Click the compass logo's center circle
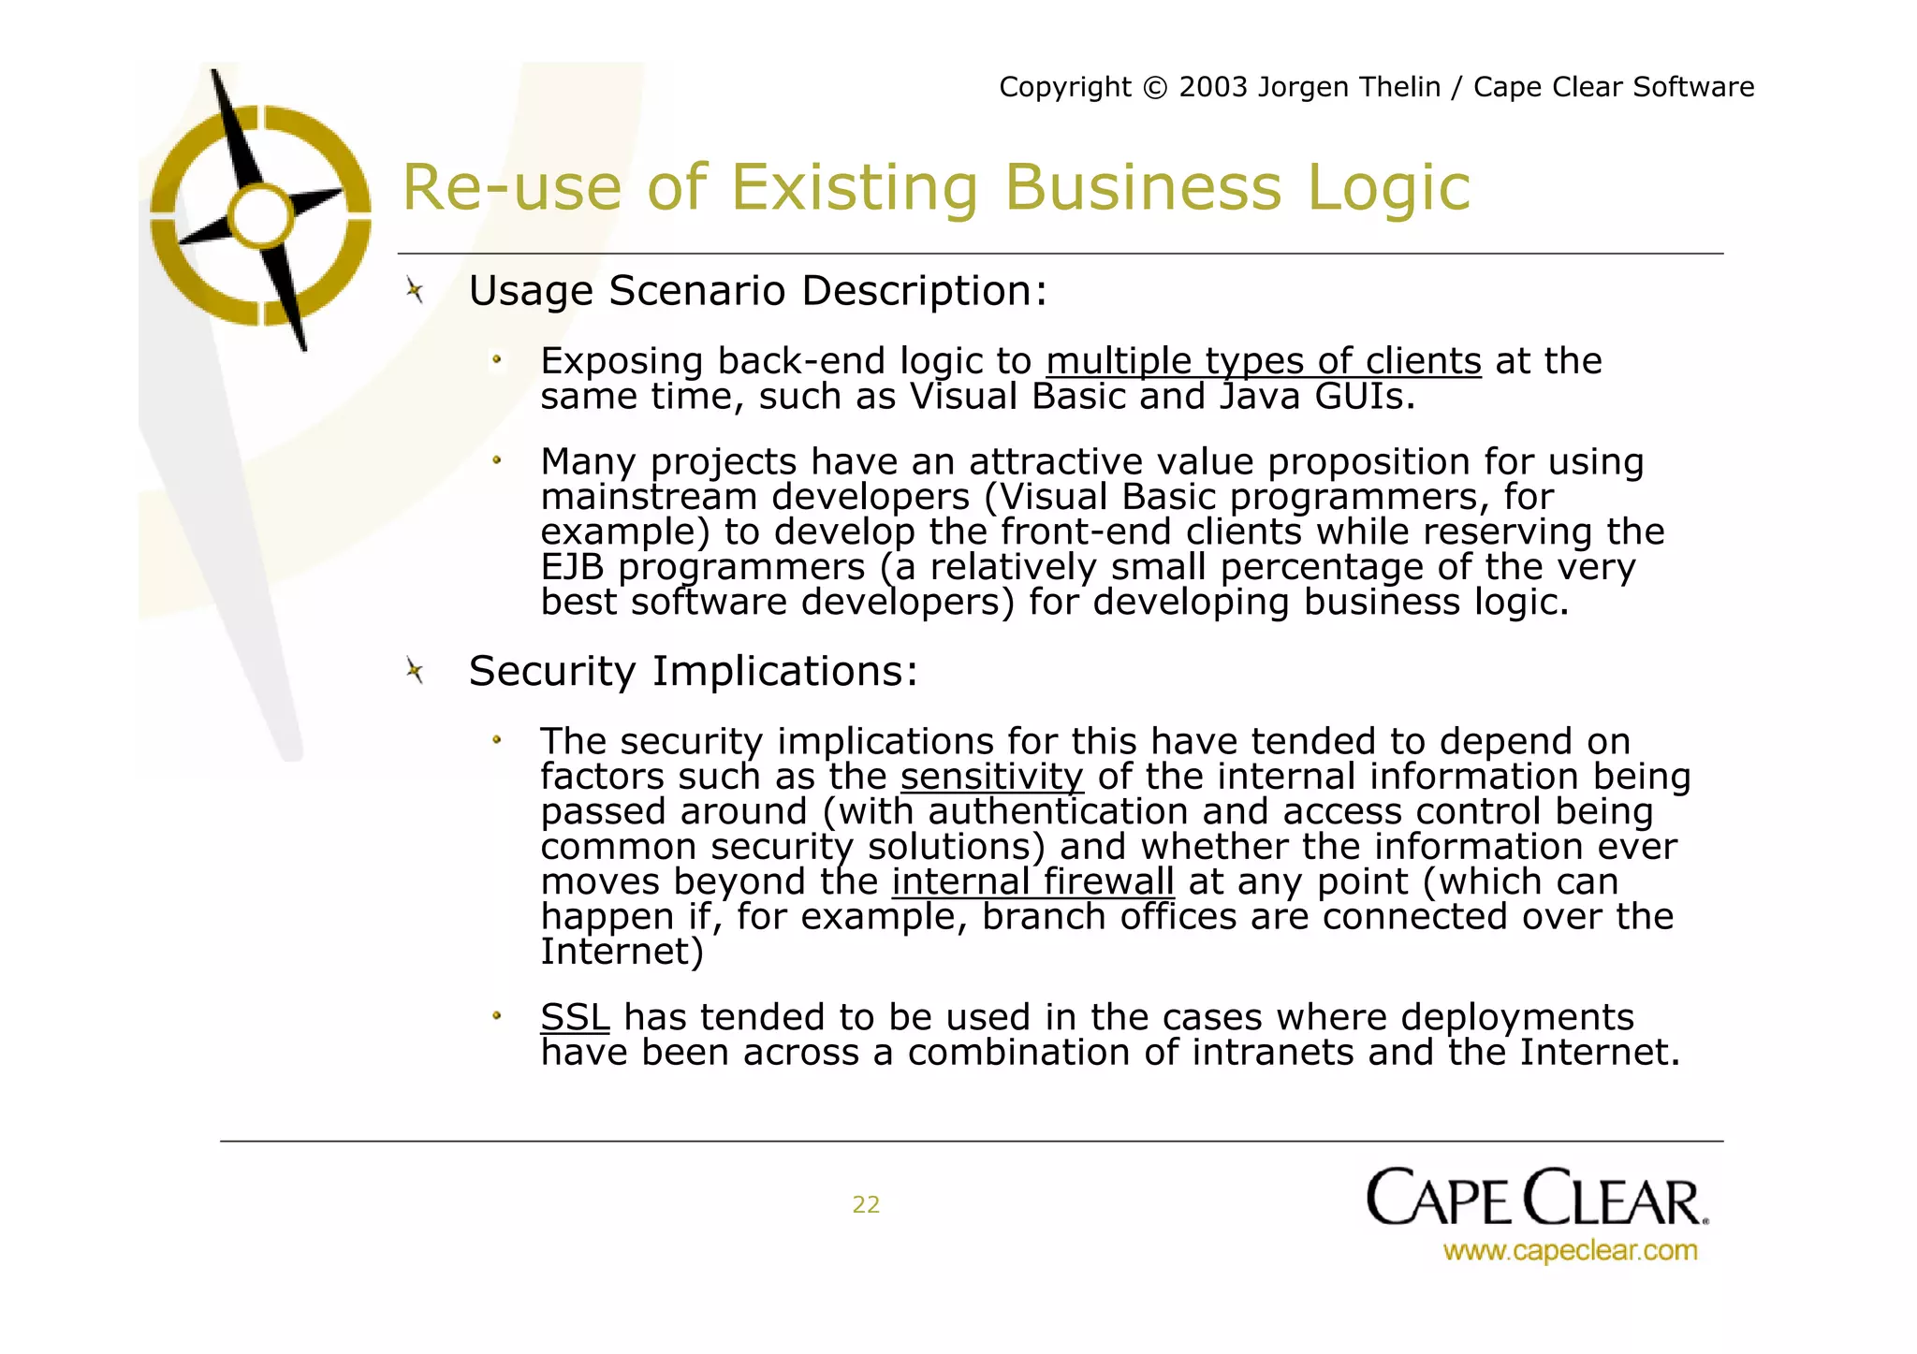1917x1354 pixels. [x=261, y=216]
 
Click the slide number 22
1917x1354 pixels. [x=866, y=1204]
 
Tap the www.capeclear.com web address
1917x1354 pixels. [x=1570, y=1250]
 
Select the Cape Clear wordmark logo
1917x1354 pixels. [x=1537, y=1198]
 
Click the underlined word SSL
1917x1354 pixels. [x=575, y=1017]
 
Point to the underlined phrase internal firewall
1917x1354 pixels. [x=1032, y=881]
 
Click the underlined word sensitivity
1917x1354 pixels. [x=991, y=777]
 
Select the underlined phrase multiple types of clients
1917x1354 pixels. [x=1264, y=361]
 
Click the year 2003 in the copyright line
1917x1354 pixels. [x=1213, y=87]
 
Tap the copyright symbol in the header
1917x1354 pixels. [x=1156, y=87]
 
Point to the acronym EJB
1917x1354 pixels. [x=572, y=567]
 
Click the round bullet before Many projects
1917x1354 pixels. [x=497, y=460]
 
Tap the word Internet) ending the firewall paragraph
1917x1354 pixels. [x=622, y=952]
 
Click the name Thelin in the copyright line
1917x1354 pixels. [x=1399, y=87]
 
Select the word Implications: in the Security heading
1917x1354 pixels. [x=785, y=671]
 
